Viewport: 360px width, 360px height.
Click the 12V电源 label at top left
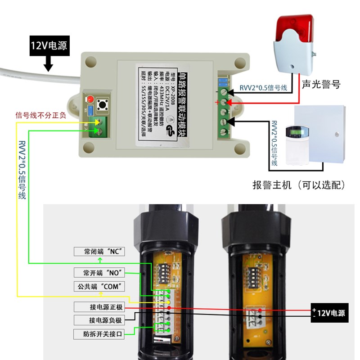tap(49, 46)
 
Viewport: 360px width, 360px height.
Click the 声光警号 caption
tap(321, 84)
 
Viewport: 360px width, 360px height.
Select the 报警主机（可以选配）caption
tap(299, 185)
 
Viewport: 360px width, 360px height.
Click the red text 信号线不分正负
tap(40, 115)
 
